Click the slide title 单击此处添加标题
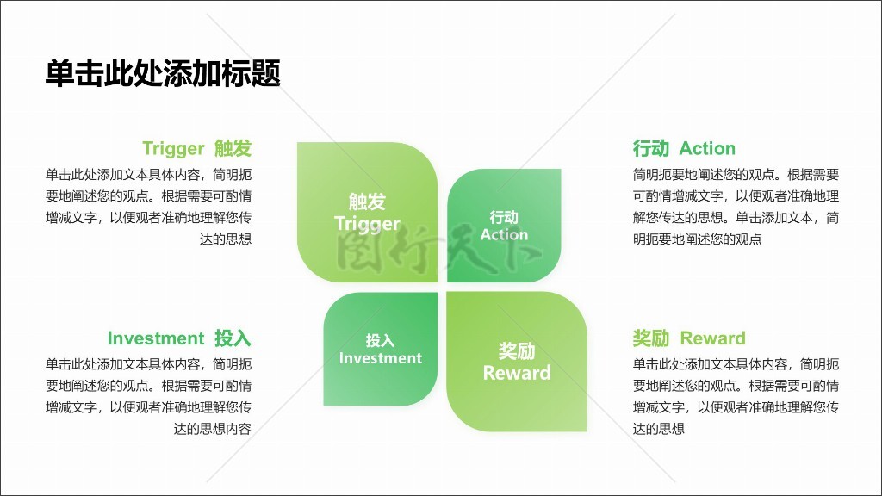(x=163, y=74)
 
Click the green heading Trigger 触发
(x=197, y=148)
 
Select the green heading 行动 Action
(x=684, y=148)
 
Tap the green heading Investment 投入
(x=179, y=338)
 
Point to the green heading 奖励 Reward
(x=689, y=338)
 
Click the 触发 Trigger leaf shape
(x=367, y=212)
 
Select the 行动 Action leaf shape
(x=504, y=226)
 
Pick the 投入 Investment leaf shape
(x=380, y=349)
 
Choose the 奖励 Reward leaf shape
(x=517, y=362)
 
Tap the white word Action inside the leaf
(x=504, y=234)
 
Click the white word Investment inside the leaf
(x=380, y=358)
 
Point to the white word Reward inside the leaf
(x=517, y=373)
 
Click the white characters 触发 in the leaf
(x=367, y=201)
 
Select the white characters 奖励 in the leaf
(x=517, y=351)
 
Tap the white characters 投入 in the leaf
(x=380, y=340)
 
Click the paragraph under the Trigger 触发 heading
(x=148, y=207)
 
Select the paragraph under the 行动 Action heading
(x=736, y=207)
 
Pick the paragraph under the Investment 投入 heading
(x=148, y=396)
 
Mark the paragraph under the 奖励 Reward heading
(x=736, y=396)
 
